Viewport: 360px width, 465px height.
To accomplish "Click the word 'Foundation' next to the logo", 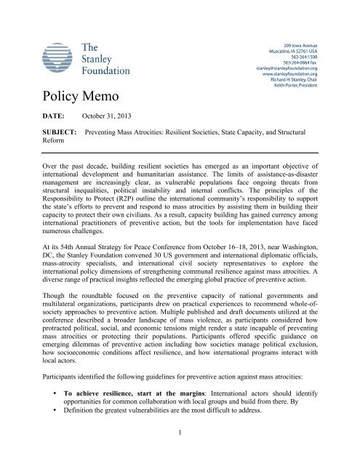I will tap(106, 70).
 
